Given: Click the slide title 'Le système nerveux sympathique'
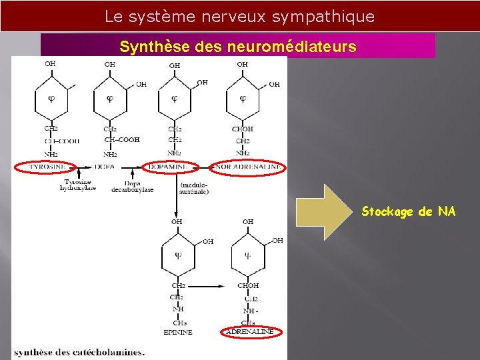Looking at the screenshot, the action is pos(240,16).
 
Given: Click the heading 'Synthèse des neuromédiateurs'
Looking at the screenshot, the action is pos(238,47).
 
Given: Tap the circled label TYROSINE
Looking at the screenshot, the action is pos(47,166).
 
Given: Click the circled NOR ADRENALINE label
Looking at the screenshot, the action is pos(247,166).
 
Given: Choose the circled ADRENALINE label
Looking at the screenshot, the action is pos(249,331).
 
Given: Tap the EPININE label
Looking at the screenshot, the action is pos(178,331).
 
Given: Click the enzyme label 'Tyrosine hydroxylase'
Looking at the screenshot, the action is pos(79,185).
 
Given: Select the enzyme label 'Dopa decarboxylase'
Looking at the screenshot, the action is pos(133,186).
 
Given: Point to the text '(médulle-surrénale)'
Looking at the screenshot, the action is pos(193,187).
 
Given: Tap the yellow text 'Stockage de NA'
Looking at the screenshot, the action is pos(409,212).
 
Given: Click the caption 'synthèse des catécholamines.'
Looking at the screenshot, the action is pos(79,351).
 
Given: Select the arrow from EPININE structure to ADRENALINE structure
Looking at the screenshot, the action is pos(209,286).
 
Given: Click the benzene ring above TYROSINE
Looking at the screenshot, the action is pos(51,99).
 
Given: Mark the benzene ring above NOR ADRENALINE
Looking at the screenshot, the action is pos(243,99).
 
